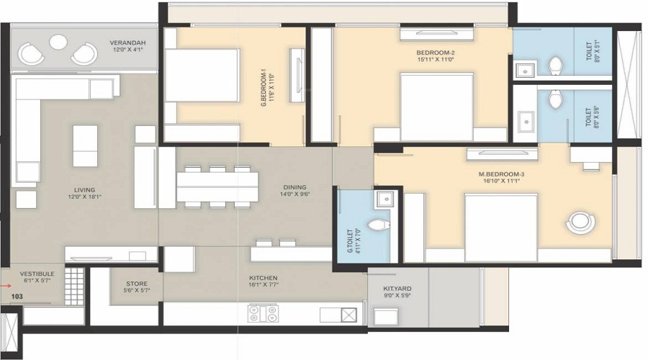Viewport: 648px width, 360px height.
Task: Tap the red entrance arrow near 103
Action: tap(6, 285)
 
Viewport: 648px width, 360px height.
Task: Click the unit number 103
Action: tap(17, 296)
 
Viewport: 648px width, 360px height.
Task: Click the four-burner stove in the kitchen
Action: tap(264, 313)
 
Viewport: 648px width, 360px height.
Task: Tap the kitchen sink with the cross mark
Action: tap(348, 314)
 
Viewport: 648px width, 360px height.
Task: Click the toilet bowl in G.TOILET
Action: tap(374, 225)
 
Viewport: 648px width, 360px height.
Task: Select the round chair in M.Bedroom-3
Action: tap(580, 222)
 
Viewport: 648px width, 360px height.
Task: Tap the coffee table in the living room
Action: tap(85, 145)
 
